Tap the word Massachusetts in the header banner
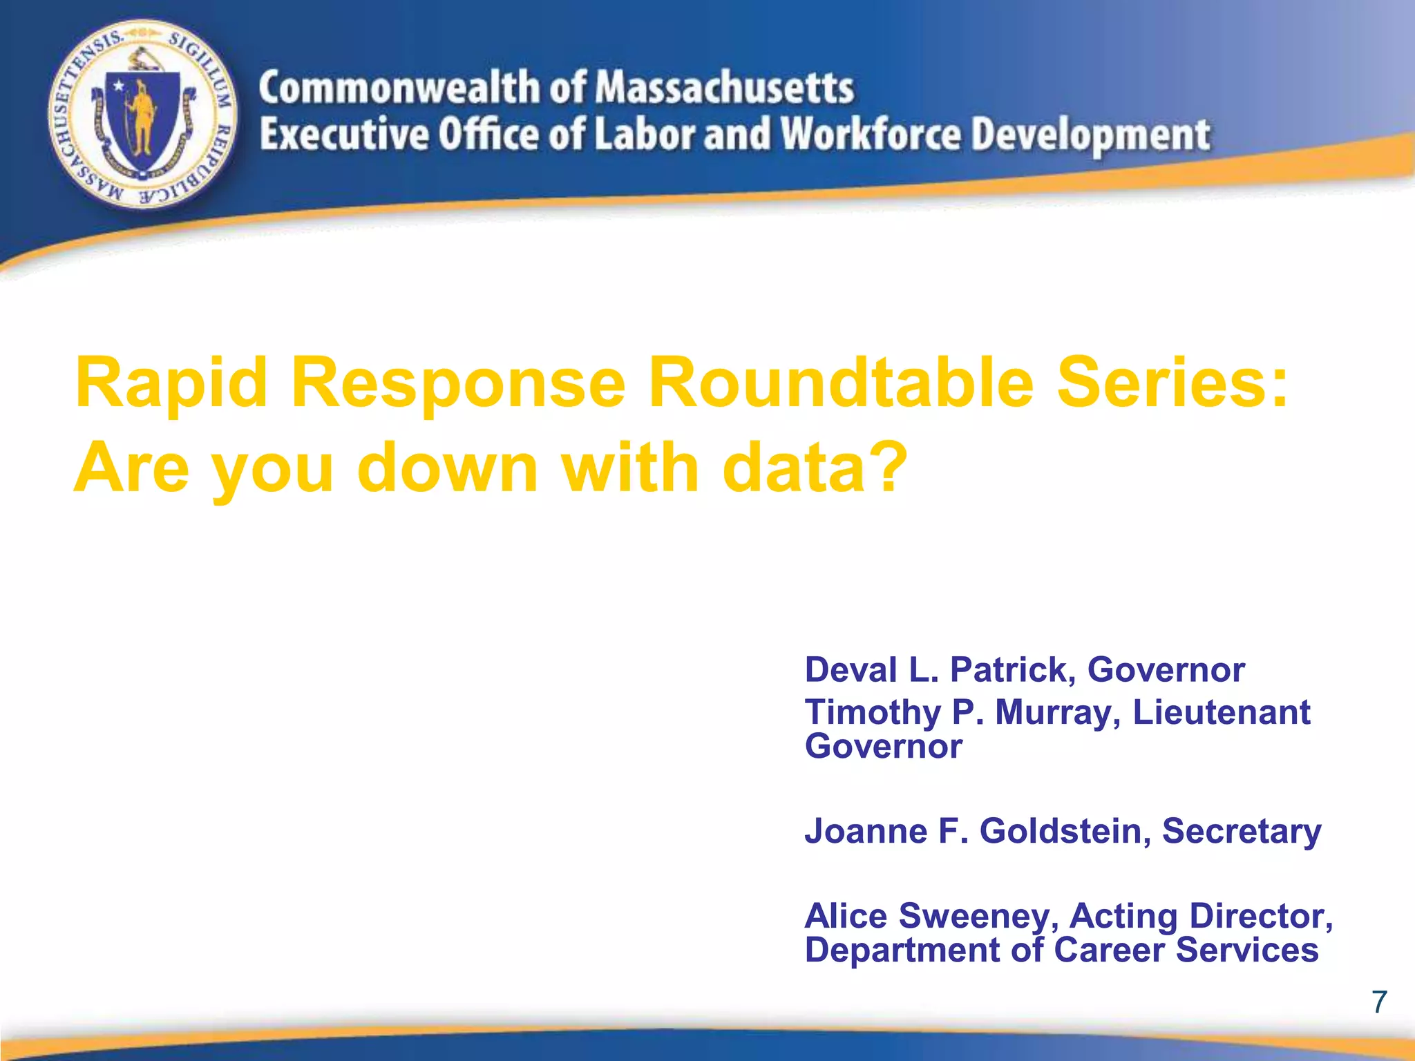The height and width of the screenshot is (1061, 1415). [x=725, y=88]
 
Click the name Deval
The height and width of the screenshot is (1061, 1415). [x=851, y=669]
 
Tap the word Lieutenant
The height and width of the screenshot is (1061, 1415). [x=1221, y=712]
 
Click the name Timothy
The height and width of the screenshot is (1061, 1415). [x=872, y=714]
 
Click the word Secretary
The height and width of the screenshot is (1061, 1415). [x=1241, y=832]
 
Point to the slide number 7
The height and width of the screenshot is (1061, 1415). [x=1379, y=1002]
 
